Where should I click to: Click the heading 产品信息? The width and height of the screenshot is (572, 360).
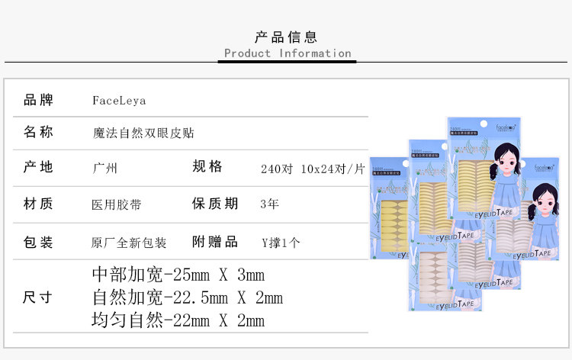click(x=285, y=37)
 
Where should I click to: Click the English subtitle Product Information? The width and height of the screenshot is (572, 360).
click(x=288, y=53)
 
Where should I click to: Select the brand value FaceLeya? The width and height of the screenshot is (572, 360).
click(x=118, y=100)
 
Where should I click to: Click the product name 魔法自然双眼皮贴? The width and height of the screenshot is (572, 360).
click(x=143, y=133)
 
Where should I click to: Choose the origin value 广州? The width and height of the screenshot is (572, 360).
click(x=104, y=169)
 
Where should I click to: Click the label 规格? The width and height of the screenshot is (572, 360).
click(x=207, y=167)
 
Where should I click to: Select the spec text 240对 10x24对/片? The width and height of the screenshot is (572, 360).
click(x=313, y=169)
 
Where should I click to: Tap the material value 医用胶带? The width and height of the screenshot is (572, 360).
click(x=116, y=204)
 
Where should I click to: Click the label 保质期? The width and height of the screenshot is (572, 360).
click(x=215, y=204)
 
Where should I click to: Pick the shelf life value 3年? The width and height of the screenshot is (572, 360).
click(x=269, y=204)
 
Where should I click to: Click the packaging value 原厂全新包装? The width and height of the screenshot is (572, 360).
click(x=128, y=243)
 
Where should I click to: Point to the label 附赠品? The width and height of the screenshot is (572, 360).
click(x=215, y=242)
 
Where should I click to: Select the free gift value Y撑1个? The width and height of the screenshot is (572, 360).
click(x=281, y=243)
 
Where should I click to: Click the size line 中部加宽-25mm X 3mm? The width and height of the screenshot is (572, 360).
click(x=178, y=274)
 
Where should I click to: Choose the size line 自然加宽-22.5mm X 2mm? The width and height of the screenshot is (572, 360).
click(x=187, y=297)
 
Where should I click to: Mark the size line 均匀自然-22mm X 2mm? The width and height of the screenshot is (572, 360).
click(x=178, y=320)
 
